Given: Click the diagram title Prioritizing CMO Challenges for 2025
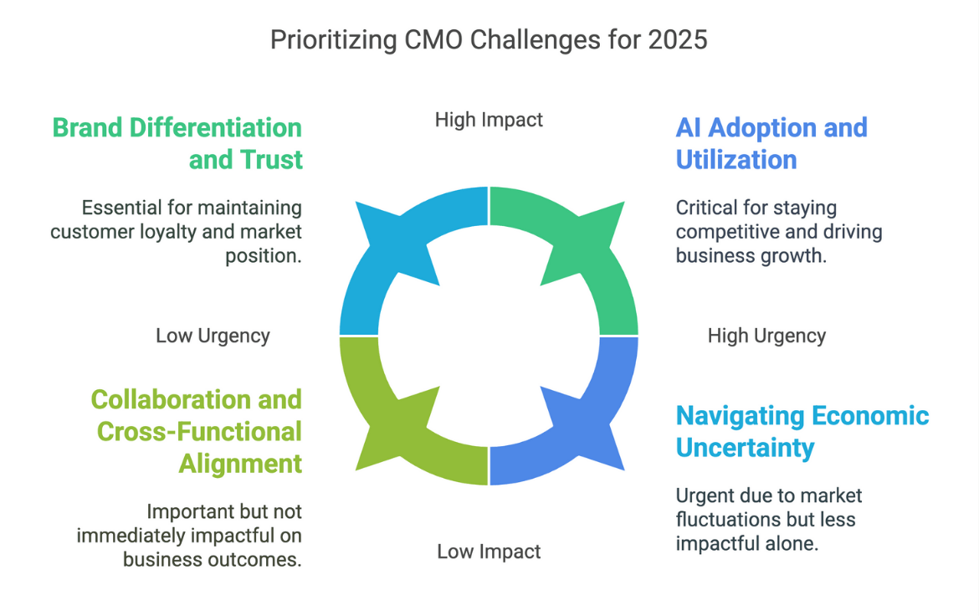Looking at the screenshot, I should coord(489,39).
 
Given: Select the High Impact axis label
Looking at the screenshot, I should coord(489,120).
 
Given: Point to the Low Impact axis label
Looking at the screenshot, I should coord(489,552).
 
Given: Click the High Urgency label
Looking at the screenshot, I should coord(766,336).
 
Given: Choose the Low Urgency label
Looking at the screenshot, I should coord(213,336).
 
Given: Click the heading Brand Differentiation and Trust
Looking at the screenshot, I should coord(177,143).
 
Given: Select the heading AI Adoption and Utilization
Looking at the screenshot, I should coord(771,143).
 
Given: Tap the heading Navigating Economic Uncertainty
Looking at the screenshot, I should coord(802,431).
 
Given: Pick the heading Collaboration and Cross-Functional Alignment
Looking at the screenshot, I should coord(197,431).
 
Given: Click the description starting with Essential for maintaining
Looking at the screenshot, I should coord(177,231).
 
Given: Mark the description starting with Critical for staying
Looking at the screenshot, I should coord(778,231).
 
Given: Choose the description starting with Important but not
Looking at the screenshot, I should coord(189,534).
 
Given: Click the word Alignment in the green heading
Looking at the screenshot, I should coord(240,463).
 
